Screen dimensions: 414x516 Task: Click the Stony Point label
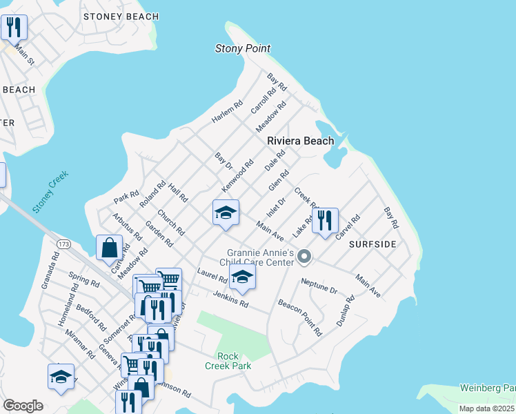point(243,48)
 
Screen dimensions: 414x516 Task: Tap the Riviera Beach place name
point(301,141)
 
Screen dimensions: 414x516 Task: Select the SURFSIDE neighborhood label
point(373,244)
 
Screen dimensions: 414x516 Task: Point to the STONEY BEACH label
point(121,16)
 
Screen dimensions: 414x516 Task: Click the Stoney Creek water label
point(51,193)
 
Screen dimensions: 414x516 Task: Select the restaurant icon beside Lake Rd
point(325,221)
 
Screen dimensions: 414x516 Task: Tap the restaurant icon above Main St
point(14,28)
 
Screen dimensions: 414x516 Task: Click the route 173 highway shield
point(64,244)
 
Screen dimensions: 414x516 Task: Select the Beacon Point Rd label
point(299,317)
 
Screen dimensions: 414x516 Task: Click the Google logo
point(23,405)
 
